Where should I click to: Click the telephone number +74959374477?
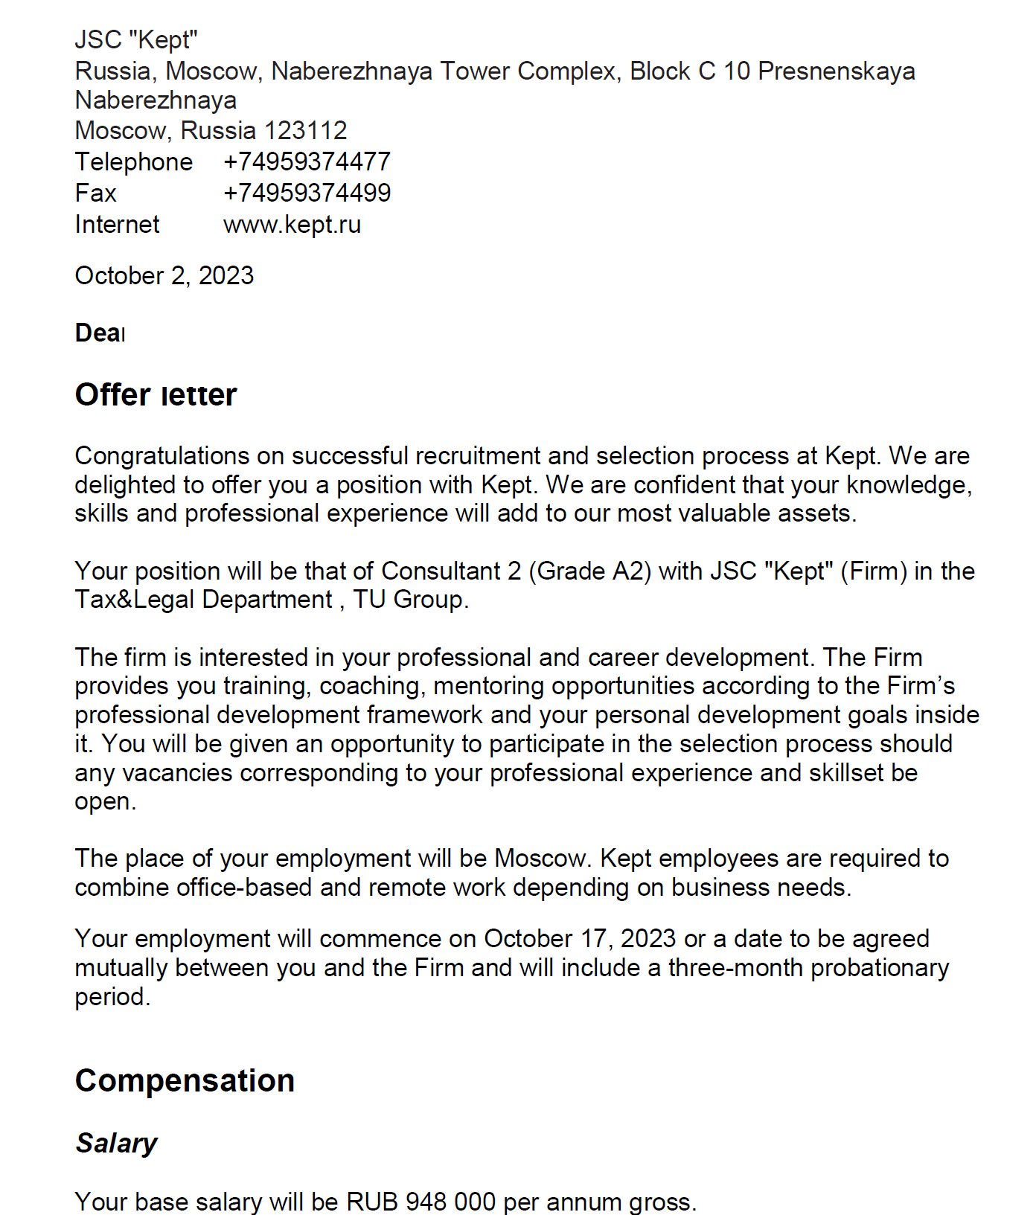[307, 162]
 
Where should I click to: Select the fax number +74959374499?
[307, 193]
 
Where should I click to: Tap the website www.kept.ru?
[292, 225]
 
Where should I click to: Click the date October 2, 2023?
[164, 276]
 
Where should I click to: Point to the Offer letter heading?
[156, 395]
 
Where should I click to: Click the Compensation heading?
[185, 1080]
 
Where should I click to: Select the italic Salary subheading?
[116, 1143]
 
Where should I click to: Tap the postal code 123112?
[305, 131]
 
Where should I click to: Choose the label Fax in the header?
[95, 193]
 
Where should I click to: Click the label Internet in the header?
[117, 225]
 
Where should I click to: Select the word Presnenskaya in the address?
[837, 71]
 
